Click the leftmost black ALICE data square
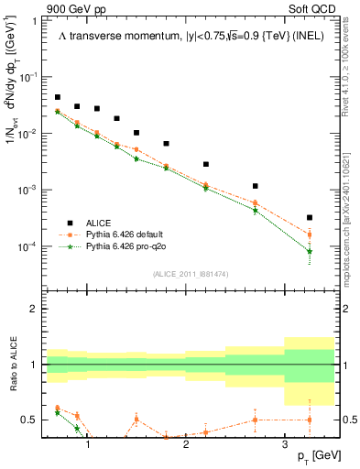[58, 97]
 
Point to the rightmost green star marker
[310, 251]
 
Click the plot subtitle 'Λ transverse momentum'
[103, 35]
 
